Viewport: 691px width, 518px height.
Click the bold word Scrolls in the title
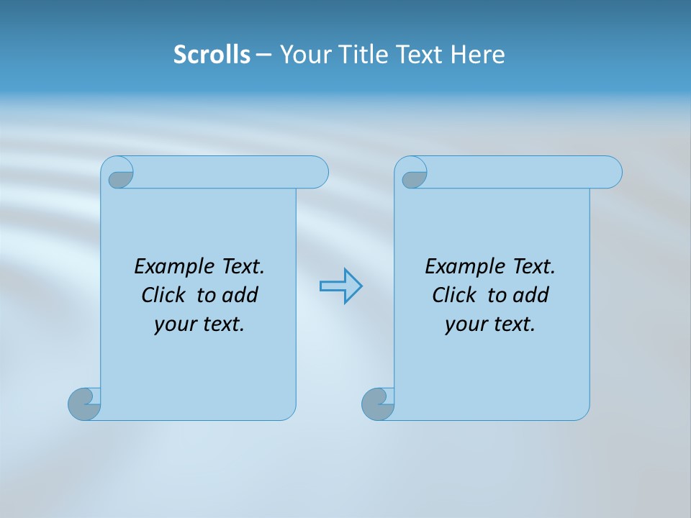(x=212, y=55)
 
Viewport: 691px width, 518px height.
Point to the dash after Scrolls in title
(x=263, y=55)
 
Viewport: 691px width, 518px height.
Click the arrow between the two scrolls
(x=340, y=286)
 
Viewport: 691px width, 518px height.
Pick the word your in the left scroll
(x=176, y=324)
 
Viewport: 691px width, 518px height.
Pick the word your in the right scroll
(x=466, y=324)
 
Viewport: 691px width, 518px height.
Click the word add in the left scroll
(x=240, y=295)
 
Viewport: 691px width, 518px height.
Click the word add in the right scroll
(x=530, y=295)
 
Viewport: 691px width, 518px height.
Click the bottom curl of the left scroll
(x=84, y=404)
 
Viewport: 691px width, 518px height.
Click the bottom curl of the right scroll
(x=378, y=404)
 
